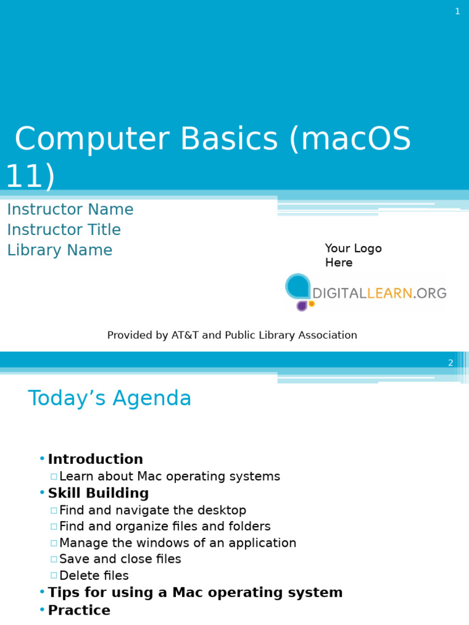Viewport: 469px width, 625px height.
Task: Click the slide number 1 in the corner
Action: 457,12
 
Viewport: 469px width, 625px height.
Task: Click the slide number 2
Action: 451,363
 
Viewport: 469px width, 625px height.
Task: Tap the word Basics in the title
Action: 229,139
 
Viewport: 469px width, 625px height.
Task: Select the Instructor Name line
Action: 70,209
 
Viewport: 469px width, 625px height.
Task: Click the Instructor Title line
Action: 64,230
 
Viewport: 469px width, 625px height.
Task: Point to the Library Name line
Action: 60,250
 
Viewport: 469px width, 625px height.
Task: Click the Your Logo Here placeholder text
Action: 353,255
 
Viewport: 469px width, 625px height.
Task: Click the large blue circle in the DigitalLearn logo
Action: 298,286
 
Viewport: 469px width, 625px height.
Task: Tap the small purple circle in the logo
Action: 302,305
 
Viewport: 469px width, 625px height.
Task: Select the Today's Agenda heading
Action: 110,399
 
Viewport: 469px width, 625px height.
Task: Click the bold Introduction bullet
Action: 95,459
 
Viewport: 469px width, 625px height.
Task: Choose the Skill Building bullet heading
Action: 98,493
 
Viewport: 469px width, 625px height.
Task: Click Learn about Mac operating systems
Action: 170,477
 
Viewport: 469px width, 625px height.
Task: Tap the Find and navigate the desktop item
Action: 153,510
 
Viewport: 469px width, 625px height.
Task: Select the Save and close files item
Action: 120,559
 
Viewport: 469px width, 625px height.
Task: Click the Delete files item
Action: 94,576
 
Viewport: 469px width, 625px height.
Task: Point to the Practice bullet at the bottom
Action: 79,610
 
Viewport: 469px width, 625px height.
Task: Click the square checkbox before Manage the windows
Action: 54,543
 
